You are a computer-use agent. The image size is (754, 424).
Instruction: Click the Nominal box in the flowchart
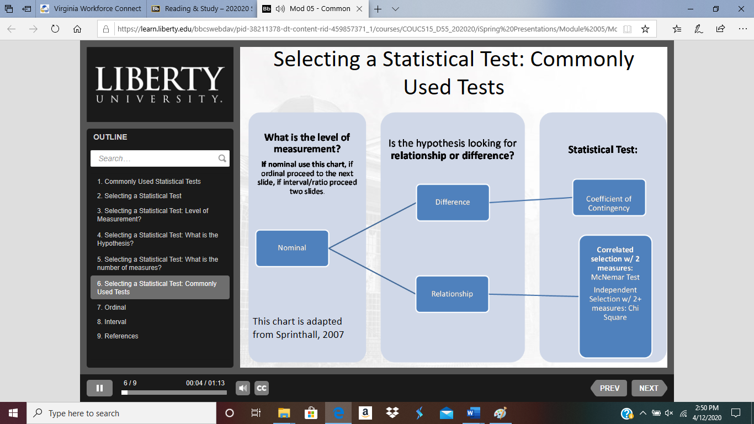tap(292, 248)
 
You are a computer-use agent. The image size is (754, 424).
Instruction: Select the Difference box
tap(453, 202)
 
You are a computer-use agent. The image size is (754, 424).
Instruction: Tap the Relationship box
tap(452, 294)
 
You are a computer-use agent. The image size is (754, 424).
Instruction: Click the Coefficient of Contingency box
tap(609, 197)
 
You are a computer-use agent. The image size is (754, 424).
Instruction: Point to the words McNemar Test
tap(615, 277)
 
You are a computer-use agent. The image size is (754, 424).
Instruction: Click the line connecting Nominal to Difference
tap(372, 225)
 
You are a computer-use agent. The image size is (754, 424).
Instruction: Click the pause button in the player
tap(100, 388)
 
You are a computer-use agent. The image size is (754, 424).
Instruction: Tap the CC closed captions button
tap(262, 388)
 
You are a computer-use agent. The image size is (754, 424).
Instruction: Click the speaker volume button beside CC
tap(243, 388)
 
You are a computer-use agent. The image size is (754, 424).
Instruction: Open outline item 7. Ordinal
tap(111, 307)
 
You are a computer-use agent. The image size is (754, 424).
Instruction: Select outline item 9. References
tap(118, 336)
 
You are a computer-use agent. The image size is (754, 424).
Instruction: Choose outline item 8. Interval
tap(111, 322)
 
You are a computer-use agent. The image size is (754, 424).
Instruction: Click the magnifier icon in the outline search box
tap(222, 158)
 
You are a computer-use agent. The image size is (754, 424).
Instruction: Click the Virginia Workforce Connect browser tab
tap(91, 9)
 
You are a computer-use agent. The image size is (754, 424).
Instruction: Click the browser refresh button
tap(55, 29)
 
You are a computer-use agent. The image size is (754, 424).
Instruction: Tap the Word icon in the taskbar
tap(473, 413)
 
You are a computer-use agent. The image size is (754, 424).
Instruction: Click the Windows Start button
tap(13, 413)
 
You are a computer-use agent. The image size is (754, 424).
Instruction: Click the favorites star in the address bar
tap(645, 29)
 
